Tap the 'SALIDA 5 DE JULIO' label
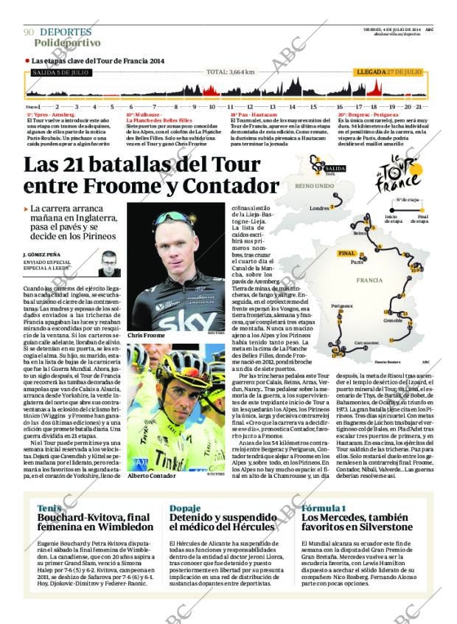pos(60,72)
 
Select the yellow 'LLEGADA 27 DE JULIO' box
pos(388,72)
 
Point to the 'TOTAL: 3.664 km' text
pos(230,72)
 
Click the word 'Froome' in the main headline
pos(142,186)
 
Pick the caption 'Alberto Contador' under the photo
pos(151,476)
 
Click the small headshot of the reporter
pos(109,263)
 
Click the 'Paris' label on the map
pos(357,262)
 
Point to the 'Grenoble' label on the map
pos(372,322)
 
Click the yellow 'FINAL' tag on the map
pos(346,253)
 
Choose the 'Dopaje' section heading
pos(185,508)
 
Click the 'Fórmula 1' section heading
pos(323,508)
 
